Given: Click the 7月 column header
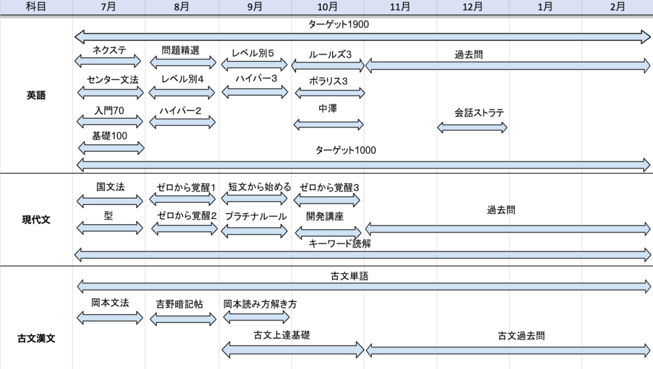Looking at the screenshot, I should tap(108, 7).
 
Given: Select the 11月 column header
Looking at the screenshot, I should tap(400, 7).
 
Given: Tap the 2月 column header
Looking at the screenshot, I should tap(617, 7).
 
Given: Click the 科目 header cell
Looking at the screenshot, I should tap(36, 7).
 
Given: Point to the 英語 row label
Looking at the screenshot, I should tap(36, 96).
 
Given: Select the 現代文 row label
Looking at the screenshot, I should tap(36, 220).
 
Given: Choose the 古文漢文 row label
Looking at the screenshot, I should tap(36, 338).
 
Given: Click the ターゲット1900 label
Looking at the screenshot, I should tap(339, 25).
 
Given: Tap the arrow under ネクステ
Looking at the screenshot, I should tap(108, 61).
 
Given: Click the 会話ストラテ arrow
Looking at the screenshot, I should tap(473, 127).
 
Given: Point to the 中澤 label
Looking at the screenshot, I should tap(328, 109).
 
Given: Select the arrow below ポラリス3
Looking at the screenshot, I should tap(330, 93).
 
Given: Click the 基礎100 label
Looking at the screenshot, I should tap(110, 135).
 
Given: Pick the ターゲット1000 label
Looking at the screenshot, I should tap(346, 151).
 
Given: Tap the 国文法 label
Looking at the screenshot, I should tap(110, 187).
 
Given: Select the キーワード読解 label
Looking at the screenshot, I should tap(340, 244).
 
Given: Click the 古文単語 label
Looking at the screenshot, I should tap(349, 276).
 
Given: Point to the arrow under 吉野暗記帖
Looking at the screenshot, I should tap(183, 317).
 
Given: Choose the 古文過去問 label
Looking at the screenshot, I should tap(522, 335).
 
